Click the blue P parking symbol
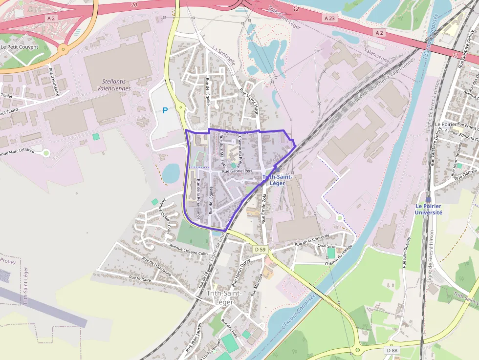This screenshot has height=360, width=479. [x=165, y=111]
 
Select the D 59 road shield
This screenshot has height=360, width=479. [x=261, y=250]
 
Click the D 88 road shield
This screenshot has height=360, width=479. [x=392, y=350]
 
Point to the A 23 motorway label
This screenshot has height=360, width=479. [x=330, y=18]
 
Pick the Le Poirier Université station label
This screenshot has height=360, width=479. [x=429, y=210]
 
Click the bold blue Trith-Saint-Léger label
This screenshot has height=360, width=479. [x=277, y=180]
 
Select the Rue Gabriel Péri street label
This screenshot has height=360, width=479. [x=239, y=172]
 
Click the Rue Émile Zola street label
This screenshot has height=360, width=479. [x=264, y=208]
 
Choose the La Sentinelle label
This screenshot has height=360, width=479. [x=224, y=56]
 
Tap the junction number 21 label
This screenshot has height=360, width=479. [x=456, y=55]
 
